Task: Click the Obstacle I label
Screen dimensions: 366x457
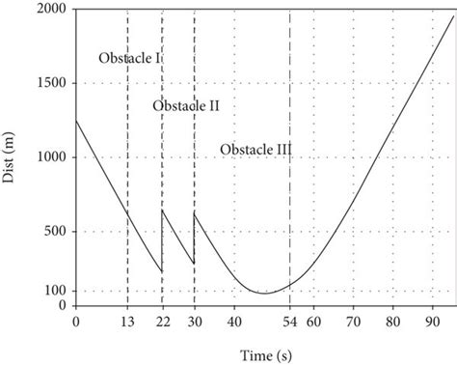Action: tap(129, 59)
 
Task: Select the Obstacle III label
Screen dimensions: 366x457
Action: tap(255, 150)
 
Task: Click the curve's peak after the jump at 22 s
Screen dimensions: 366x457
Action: tap(162, 211)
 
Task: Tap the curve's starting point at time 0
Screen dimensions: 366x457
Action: tap(76, 121)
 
